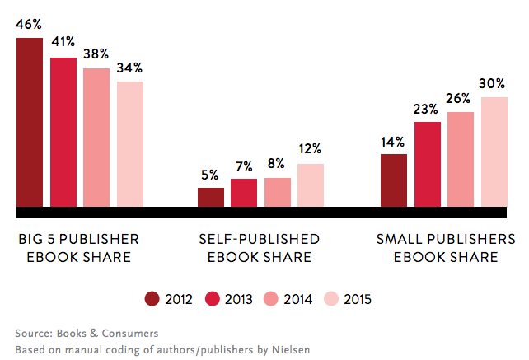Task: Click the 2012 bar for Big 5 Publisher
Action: pyautogui.click(x=30, y=121)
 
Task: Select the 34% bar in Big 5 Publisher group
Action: pyautogui.click(x=129, y=143)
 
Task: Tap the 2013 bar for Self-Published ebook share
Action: pyautogui.click(x=243, y=192)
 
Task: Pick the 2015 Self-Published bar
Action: pyautogui.click(x=311, y=185)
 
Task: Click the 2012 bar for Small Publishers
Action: pyautogui.click(x=394, y=180)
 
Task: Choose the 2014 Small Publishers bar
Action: pyautogui.click(x=461, y=158)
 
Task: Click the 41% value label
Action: pyautogui.click(x=63, y=42)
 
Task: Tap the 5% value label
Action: pyautogui.click(x=209, y=175)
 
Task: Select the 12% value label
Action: pyautogui.click(x=311, y=149)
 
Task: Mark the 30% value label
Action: pyautogui.click(x=494, y=83)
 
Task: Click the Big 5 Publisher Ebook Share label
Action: pyautogui.click(x=79, y=248)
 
